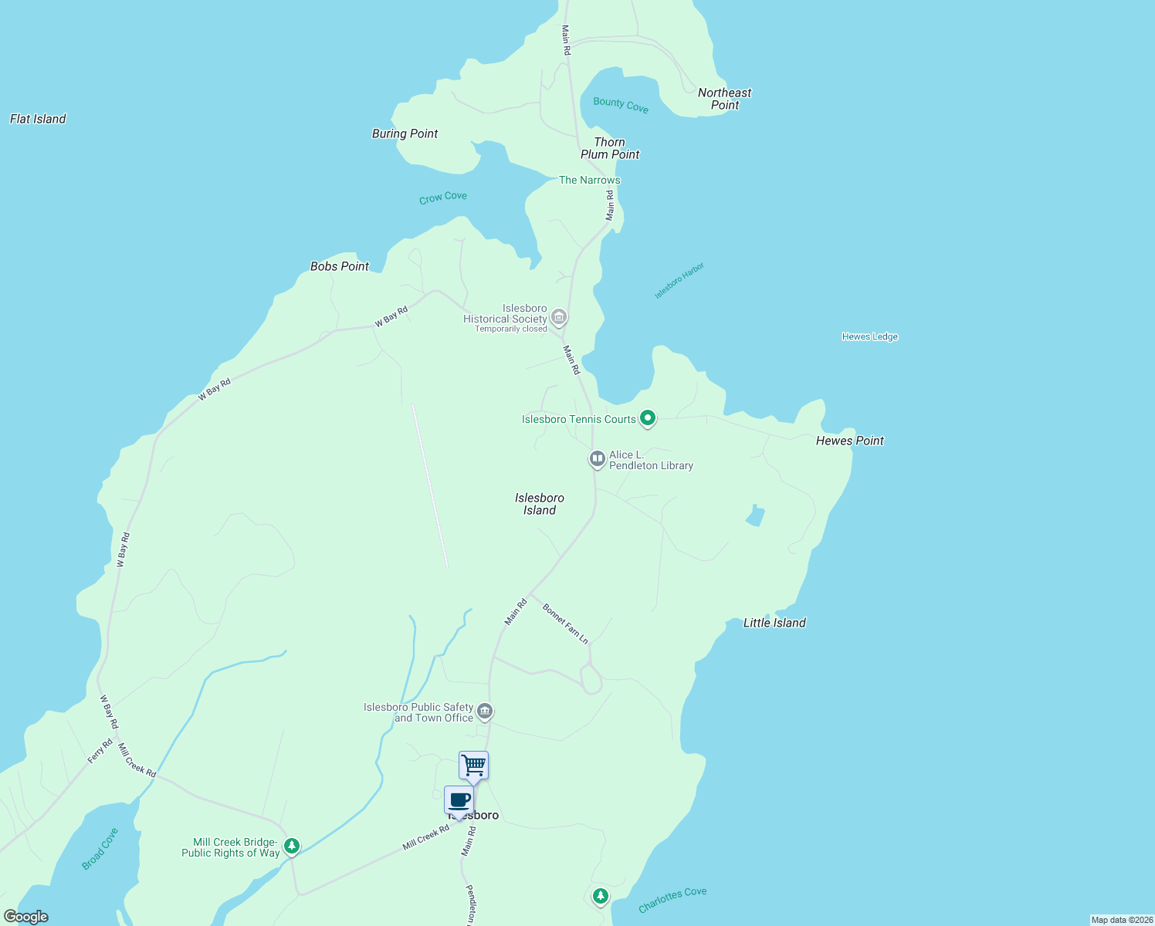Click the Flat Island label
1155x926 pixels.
(38, 119)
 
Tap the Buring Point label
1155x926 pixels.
(405, 133)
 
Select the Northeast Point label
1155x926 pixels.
(724, 99)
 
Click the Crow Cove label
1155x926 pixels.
(442, 198)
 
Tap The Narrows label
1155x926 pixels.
(589, 180)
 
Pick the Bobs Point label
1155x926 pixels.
(340, 266)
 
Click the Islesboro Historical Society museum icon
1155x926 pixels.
(559, 316)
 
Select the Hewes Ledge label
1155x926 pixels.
(869, 336)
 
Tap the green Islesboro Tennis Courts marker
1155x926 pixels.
(648, 418)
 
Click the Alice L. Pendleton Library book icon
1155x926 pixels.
(597, 459)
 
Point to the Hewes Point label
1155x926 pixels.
(849, 441)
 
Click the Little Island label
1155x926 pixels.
(774, 623)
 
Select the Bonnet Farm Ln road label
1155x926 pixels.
(565, 624)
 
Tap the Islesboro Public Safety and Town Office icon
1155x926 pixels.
(484, 711)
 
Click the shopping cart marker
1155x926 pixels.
(473, 765)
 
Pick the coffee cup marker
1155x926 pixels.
(459, 800)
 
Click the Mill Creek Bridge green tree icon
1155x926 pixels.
(291, 846)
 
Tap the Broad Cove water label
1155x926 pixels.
(100, 849)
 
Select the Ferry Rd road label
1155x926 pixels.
(100, 751)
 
